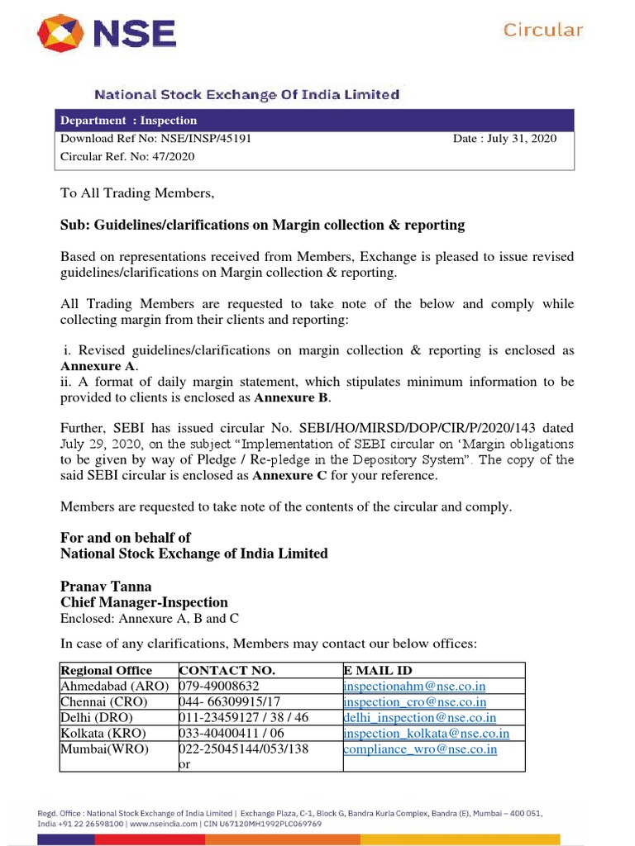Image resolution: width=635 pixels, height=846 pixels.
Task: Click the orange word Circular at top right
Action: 543,31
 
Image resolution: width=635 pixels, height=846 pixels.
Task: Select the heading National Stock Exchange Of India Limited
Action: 246,95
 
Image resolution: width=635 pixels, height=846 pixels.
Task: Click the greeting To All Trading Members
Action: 137,193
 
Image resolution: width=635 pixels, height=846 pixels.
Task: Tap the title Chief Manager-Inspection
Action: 144,602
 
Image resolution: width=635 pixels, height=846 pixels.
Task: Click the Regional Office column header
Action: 107,670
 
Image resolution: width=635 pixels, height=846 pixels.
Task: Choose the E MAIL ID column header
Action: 378,670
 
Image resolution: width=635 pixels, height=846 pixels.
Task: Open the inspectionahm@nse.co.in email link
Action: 414,686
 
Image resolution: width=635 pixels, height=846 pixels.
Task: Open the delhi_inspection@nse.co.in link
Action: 419,717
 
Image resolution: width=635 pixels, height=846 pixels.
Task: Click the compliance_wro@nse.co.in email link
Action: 420,749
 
